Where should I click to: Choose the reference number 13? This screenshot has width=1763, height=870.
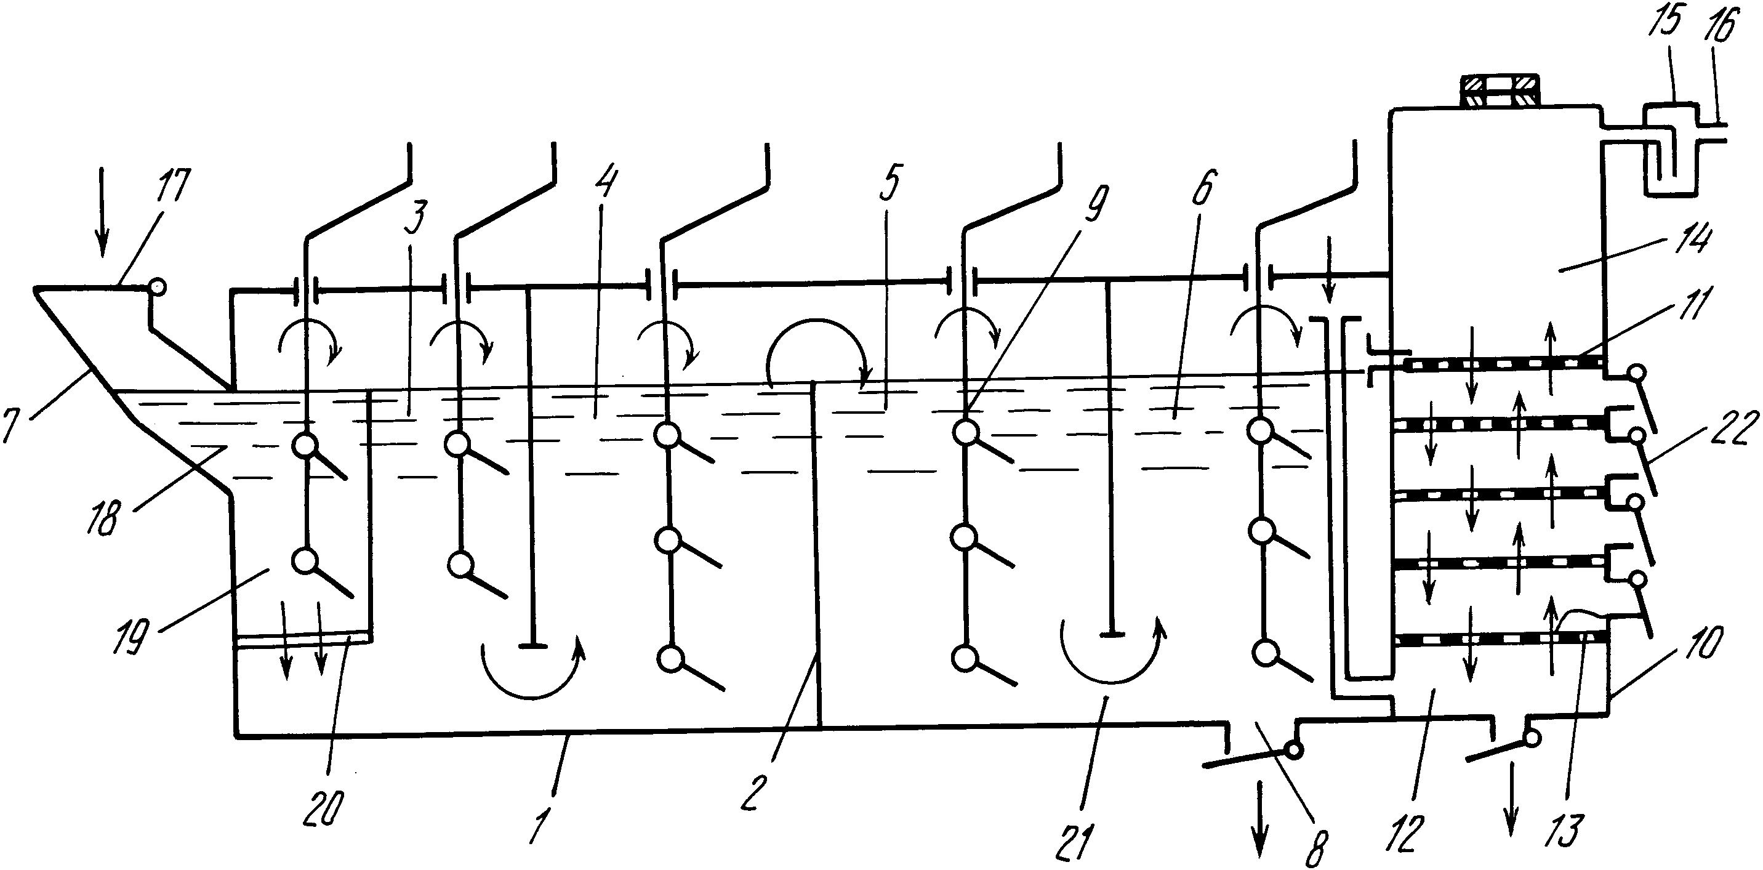[x=1565, y=829]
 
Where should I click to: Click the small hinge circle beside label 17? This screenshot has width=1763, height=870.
[x=158, y=286]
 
